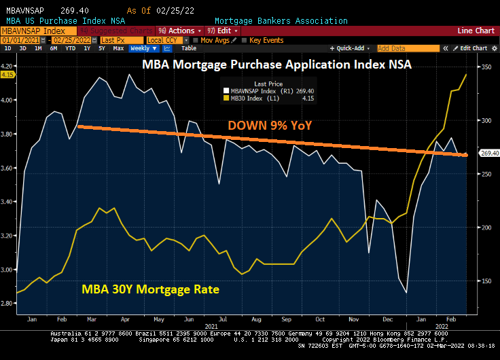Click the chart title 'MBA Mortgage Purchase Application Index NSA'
[277, 65]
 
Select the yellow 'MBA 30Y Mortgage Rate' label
[151, 289]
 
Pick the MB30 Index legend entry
[259, 98]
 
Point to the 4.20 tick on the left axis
[8, 67]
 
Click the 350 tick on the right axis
[486, 67]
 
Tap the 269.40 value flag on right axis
[490, 154]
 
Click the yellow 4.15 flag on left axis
[8, 75]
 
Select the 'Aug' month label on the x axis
[255, 318]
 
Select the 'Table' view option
[189, 48]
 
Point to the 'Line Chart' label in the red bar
[476, 31]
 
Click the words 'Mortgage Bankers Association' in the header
[281, 21]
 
